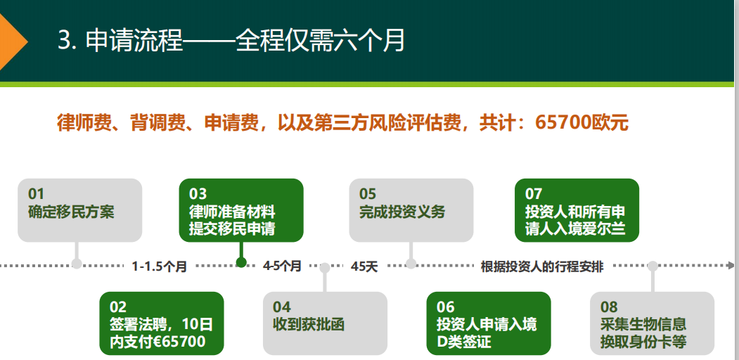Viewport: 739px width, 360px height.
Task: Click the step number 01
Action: tap(37, 193)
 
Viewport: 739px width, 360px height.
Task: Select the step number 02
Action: tap(118, 307)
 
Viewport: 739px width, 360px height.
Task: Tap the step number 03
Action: tap(198, 193)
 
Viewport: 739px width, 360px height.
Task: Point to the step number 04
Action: tap(281, 307)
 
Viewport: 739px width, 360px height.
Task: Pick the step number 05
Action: tap(368, 193)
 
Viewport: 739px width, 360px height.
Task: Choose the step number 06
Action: tap(445, 307)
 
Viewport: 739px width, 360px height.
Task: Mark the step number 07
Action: tap(534, 193)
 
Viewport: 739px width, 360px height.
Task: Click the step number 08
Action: tap(609, 307)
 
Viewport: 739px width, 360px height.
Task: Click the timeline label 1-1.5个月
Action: tap(160, 266)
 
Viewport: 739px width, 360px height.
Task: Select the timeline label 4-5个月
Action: tap(282, 266)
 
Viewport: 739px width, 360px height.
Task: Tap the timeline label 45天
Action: tap(364, 266)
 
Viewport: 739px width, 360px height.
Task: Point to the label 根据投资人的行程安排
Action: tap(542, 266)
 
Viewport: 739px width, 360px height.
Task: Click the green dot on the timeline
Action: tap(241, 262)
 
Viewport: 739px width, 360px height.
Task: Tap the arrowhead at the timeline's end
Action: tap(731, 265)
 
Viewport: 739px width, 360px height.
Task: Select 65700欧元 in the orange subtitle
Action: tap(581, 122)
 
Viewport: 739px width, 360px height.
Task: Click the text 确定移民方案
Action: tap(71, 212)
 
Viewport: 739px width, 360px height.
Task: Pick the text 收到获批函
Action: tap(309, 324)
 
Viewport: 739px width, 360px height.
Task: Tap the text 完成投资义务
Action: tap(402, 212)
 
